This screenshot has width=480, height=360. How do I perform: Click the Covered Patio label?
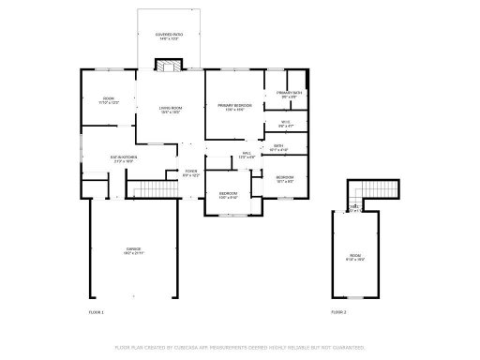169,37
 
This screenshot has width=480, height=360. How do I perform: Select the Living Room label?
169,110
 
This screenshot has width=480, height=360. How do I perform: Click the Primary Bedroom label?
234,108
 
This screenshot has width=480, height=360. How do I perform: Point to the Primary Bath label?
288,95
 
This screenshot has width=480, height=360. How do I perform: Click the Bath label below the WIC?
278,147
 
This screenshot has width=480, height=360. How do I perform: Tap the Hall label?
247,155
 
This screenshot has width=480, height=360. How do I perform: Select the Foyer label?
190,172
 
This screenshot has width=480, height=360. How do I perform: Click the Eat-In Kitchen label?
124,159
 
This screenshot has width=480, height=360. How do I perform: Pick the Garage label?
133,250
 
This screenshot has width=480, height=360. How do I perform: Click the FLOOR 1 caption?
96,311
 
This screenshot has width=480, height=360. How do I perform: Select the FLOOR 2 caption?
338,311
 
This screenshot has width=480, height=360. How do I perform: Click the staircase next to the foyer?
152,190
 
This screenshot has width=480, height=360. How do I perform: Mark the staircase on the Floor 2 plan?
373,191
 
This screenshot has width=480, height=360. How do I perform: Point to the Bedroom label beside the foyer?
228,196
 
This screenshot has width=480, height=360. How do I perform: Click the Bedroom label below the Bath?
284,179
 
